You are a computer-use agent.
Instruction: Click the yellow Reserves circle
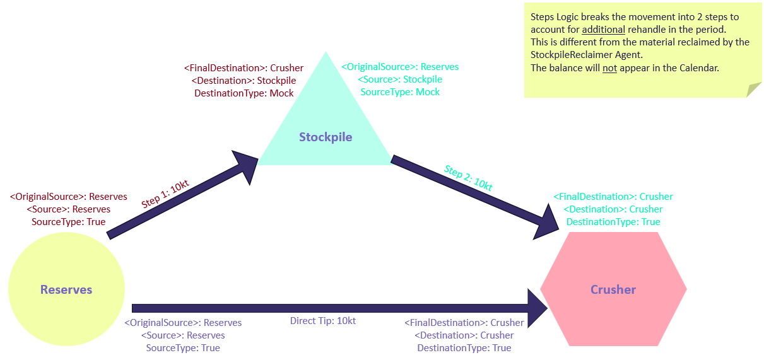pyautogui.click(x=66, y=290)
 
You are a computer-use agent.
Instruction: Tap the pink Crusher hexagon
pyautogui.click(x=613, y=290)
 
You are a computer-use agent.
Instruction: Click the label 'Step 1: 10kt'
pyautogui.click(x=165, y=194)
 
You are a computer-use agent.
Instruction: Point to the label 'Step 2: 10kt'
pyautogui.click(x=468, y=178)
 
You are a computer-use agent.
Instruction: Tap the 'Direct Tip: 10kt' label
pyautogui.click(x=323, y=321)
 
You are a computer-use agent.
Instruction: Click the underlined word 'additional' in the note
pyautogui.click(x=603, y=30)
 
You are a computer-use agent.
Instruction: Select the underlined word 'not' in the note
pyautogui.click(x=609, y=67)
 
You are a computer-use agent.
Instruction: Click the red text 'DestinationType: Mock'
pyautogui.click(x=244, y=93)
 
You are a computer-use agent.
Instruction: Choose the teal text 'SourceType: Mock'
pyautogui.click(x=400, y=92)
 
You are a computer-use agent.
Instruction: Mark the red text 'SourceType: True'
pyautogui.click(x=69, y=222)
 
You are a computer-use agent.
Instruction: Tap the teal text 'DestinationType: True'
pyautogui.click(x=613, y=222)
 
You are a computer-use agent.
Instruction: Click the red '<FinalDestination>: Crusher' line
pyautogui.click(x=244, y=68)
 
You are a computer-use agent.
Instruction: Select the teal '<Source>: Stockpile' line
pyautogui.click(x=400, y=79)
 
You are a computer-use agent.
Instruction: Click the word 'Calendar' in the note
pyautogui.click(x=699, y=67)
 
